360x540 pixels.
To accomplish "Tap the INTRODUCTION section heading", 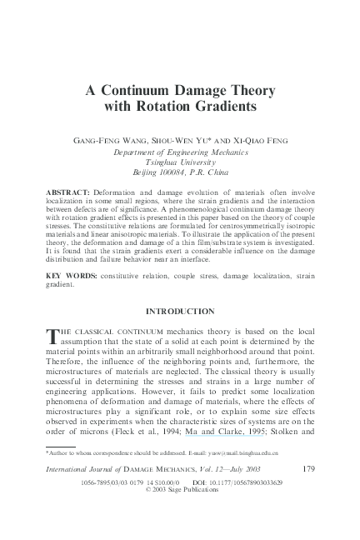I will coord(180,311).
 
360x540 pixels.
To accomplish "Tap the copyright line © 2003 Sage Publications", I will coord(180,491).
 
